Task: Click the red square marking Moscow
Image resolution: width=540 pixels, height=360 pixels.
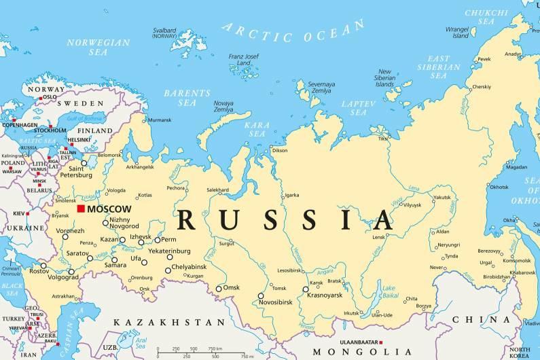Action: (81, 209)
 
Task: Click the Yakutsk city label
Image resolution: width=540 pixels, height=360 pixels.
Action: (442, 197)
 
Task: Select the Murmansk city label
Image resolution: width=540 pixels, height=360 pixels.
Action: (160, 120)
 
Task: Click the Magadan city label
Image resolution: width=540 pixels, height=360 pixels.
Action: (516, 166)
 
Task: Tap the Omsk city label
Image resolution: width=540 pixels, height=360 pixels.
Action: (232, 287)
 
